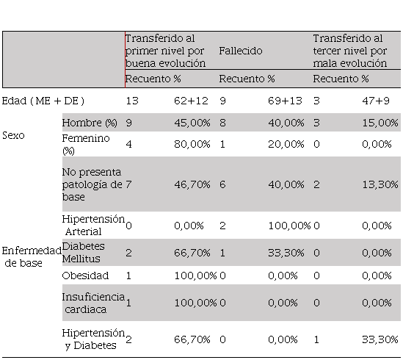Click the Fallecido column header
tap(241, 51)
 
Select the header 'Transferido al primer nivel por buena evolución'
tap(165, 51)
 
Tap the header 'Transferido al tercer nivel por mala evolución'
tap(350, 51)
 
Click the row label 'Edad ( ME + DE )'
tap(43, 101)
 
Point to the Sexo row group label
tap(13, 135)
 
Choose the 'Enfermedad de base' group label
tap(32, 256)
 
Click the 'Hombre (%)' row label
tap(90, 123)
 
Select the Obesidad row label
tap(85, 276)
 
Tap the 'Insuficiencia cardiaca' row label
tap(93, 303)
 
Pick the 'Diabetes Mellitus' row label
tap(83, 253)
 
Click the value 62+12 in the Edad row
tap(191, 101)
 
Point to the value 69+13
tap(285, 101)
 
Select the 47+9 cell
tap(376, 101)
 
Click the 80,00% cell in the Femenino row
tap(192, 144)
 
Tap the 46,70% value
tap(192, 184)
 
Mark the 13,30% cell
tap(380, 184)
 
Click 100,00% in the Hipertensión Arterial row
tap(289, 226)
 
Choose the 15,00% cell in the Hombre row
tap(380, 123)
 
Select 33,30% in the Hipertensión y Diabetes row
tap(380, 339)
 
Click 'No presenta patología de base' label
tap(92, 184)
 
